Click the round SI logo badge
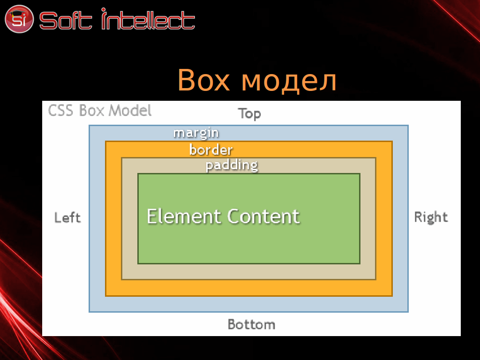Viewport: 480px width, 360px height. point(19,19)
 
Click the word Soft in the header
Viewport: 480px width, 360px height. point(66,21)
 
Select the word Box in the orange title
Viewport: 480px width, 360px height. point(203,80)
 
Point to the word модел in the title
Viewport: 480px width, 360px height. point(289,82)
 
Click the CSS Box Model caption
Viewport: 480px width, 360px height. point(100,111)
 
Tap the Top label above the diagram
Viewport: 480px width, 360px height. point(249,114)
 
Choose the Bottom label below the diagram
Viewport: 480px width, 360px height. point(251,324)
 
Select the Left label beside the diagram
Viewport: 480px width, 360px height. point(67,217)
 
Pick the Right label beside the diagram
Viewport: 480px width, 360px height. point(431,217)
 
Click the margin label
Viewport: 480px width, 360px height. point(196,133)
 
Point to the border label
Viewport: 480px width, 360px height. point(211,150)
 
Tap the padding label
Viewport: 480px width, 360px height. point(232,165)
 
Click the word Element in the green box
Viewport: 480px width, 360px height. point(184,216)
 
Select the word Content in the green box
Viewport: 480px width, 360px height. point(263,217)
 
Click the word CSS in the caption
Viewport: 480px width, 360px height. point(60,111)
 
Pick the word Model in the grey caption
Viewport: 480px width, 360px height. point(130,111)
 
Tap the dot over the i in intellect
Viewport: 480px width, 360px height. point(104,10)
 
